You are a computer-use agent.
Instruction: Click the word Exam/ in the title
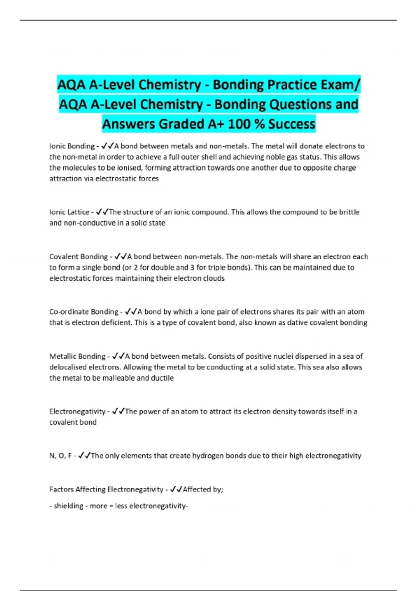pos(342,84)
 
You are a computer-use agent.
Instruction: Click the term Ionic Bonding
pos(72,146)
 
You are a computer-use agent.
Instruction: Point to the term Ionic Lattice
pos(69,212)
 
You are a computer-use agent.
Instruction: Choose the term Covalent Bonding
pos(79,257)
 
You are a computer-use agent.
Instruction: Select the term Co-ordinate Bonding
pos(84,311)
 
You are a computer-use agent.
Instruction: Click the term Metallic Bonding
pos(77,356)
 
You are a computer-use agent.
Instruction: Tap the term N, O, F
pos(60,456)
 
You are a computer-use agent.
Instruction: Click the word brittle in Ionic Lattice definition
pos(349,212)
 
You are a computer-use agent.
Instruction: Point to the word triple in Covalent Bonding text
pos(217,268)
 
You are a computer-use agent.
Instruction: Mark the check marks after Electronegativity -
pos(118,412)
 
